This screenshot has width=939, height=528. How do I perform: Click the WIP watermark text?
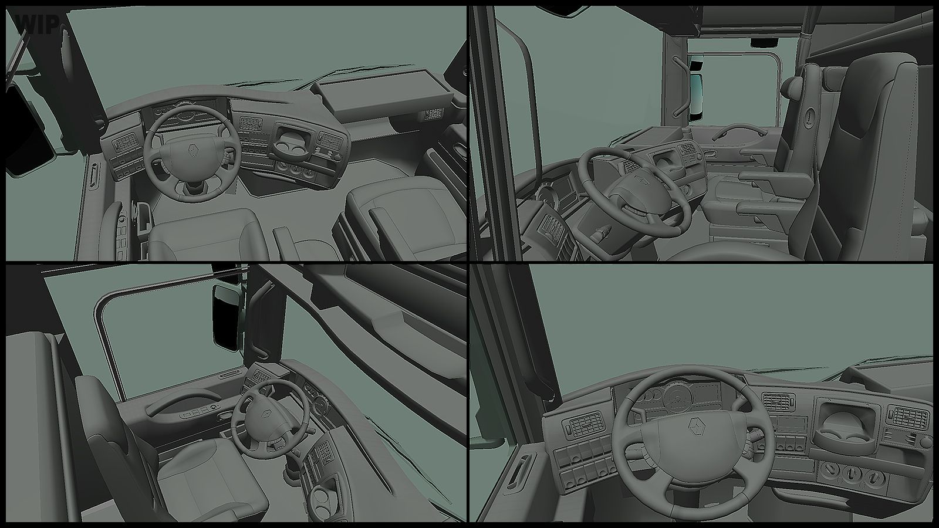coord(37,23)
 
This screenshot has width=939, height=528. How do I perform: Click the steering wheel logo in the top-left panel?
coord(192,151)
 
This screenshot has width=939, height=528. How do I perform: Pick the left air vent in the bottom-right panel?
coord(585,428)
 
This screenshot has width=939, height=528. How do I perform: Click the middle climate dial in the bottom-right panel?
coord(852,473)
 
